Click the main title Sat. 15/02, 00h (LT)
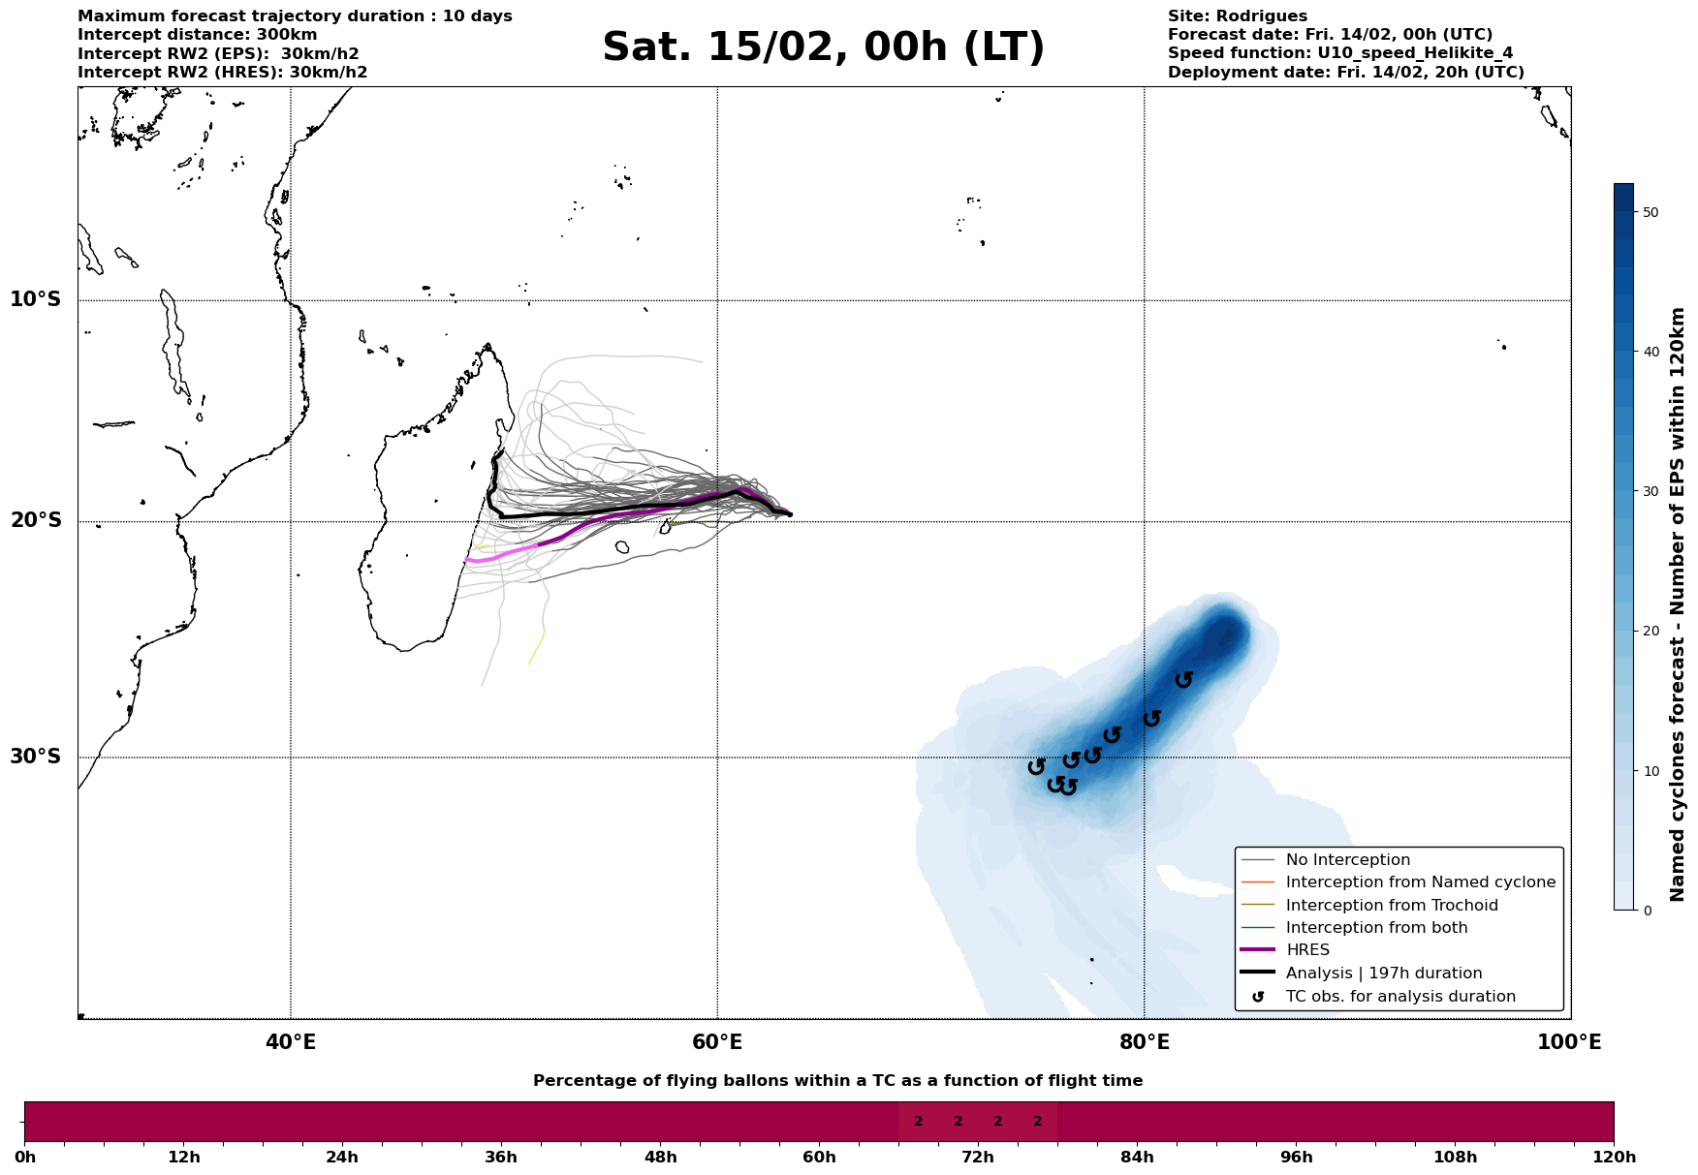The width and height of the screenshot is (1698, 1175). (x=823, y=47)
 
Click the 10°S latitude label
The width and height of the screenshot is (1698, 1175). (x=36, y=299)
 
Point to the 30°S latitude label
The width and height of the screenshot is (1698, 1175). (x=36, y=757)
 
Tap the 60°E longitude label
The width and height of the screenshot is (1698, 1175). (x=717, y=1042)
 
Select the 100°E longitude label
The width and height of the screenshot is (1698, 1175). (x=1569, y=1042)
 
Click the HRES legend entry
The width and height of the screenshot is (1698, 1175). (x=1307, y=950)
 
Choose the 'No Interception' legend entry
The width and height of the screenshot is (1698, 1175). (x=1347, y=860)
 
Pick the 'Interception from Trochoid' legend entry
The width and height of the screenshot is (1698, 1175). (x=1392, y=906)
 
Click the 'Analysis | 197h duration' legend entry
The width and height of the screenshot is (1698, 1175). (x=1383, y=974)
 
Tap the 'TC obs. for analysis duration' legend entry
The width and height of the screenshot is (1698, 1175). (x=1399, y=997)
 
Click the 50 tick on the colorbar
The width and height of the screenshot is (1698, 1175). (x=1651, y=212)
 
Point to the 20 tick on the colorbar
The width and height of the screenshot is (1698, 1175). (x=1651, y=632)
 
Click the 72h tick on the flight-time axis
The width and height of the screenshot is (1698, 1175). (x=978, y=1158)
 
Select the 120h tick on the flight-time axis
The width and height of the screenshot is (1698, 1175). (x=1613, y=1158)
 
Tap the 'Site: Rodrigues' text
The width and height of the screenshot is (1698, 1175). (x=1237, y=16)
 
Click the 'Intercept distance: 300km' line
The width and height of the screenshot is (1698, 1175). (x=197, y=35)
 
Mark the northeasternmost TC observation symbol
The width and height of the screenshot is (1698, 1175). (x=1183, y=679)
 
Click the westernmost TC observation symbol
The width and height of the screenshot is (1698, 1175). (x=1036, y=766)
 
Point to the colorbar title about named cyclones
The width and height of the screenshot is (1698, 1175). (x=1679, y=604)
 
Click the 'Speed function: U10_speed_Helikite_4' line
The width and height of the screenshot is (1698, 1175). (x=1339, y=53)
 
